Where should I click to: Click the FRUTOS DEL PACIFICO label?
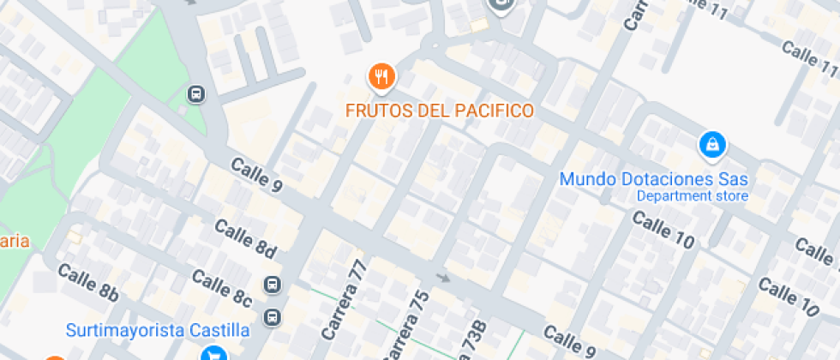coord(440,111)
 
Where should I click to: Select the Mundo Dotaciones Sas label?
coord(654,179)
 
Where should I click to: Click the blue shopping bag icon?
coord(711,145)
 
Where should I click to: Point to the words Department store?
coord(692,196)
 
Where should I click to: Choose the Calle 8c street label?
coord(221,289)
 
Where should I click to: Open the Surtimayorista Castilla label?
coord(159,330)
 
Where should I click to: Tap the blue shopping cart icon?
coord(211,353)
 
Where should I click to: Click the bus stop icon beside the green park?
coord(196,93)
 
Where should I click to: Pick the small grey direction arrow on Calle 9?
coord(443,278)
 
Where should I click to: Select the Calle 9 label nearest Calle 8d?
coord(255,175)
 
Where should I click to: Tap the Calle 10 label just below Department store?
coord(663,229)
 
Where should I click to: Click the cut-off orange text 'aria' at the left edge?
coord(15,241)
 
